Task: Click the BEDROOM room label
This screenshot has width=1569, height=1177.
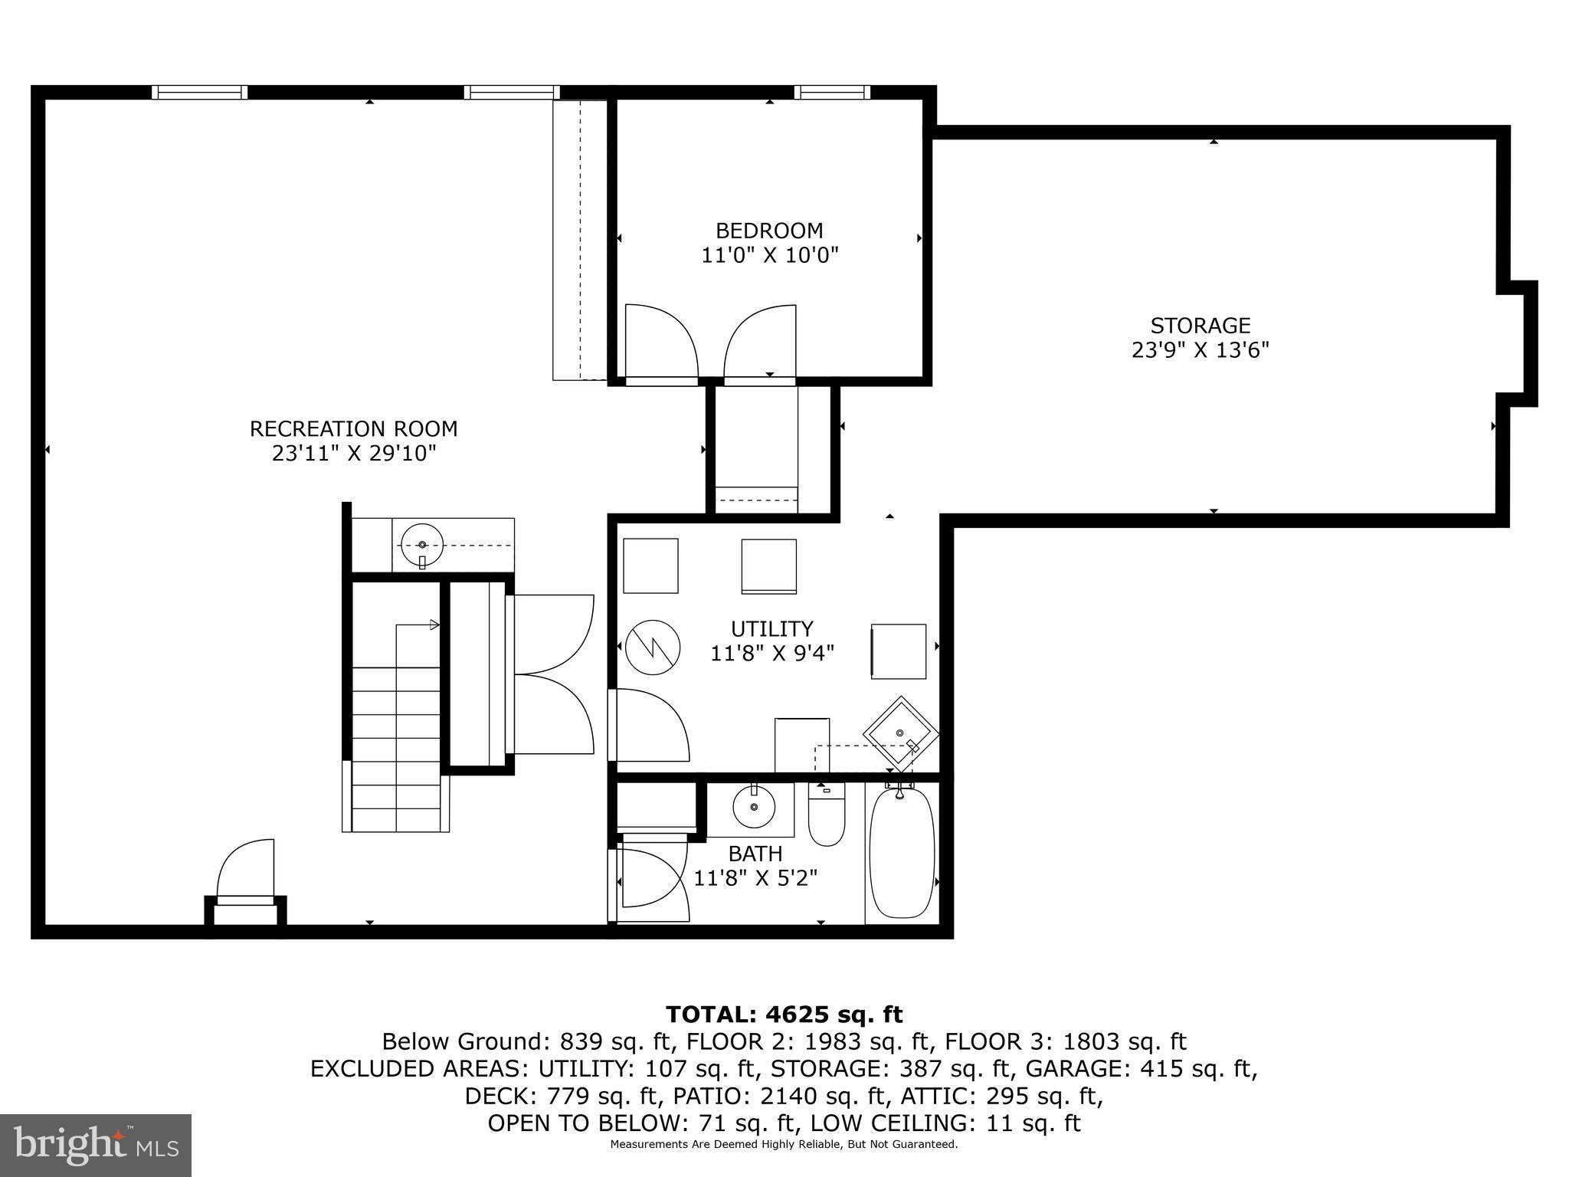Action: coord(769,231)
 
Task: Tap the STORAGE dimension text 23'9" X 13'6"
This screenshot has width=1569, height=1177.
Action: coord(1200,350)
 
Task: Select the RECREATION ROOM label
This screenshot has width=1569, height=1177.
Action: coord(353,428)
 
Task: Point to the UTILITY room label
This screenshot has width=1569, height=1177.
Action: coord(771,629)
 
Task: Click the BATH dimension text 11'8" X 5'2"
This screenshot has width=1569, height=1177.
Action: coord(755,878)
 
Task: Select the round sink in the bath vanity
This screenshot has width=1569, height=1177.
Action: coord(753,807)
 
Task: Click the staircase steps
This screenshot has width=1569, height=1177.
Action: coord(395,751)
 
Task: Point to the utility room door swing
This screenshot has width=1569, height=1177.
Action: coord(650,724)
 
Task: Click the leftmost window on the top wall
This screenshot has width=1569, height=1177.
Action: coord(199,93)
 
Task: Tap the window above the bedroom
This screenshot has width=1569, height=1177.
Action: coord(832,93)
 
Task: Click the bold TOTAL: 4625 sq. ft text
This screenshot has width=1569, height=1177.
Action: coord(784,1015)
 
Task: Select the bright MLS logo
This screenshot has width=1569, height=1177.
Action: coord(96,1145)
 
